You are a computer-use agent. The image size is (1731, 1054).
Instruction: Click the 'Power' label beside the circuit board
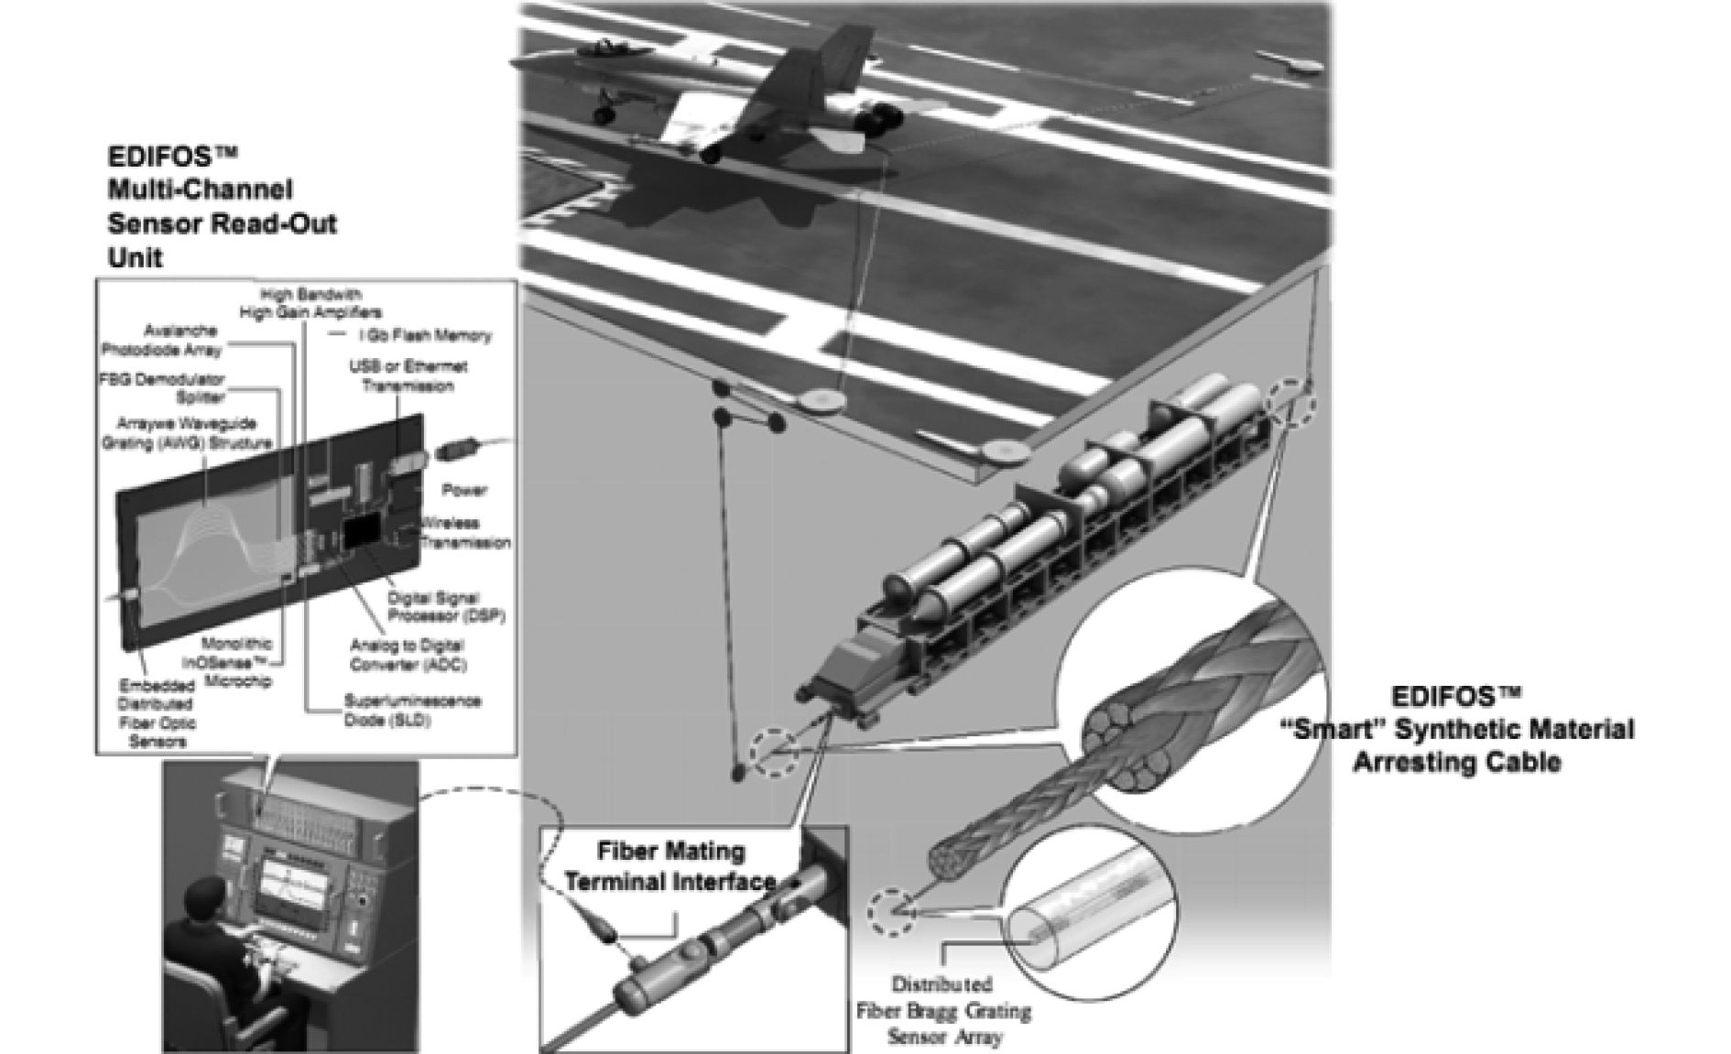464,490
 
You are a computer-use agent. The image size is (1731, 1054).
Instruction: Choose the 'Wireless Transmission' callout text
465,533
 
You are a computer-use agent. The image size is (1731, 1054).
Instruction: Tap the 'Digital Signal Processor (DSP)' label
446,605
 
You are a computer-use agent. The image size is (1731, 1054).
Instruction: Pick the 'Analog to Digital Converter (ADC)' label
408,654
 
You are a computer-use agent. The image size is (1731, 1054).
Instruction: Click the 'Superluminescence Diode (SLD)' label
412,711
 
